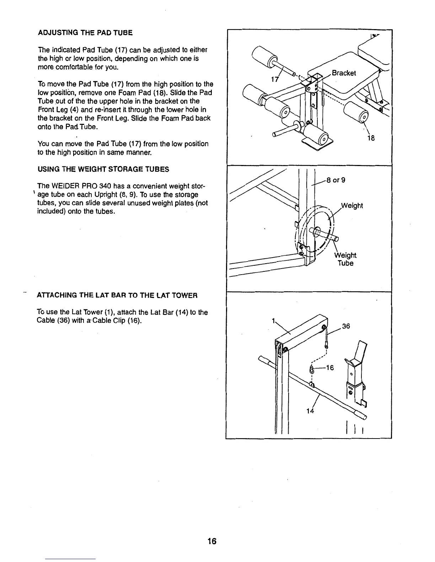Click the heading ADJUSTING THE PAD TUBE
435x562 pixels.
[x=85, y=33]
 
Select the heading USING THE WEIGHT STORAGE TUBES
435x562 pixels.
[x=103, y=169]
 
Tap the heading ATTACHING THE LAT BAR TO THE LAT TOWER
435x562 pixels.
[x=117, y=296]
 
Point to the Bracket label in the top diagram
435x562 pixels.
[x=343, y=73]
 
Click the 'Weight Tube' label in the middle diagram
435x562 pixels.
[x=345, y=259]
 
